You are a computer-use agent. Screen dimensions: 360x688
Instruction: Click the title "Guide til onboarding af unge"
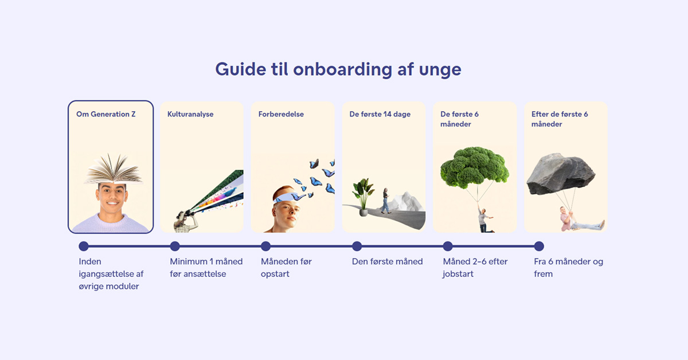click(x=338, y=69)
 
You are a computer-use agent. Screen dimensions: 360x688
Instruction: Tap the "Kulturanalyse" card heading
click(x=190, y=114)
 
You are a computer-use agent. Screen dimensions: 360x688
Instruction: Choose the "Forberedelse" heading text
click(x=281, y=114)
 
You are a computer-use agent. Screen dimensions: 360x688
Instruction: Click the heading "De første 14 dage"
click(x=380, y=114)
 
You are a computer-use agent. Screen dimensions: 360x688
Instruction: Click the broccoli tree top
click(x=474, y=166)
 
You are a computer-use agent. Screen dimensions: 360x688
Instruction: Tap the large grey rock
click(x=560, y=174)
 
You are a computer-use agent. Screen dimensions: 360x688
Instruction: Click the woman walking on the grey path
click(x=386, y=201)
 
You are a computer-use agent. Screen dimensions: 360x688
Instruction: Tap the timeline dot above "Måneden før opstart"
click(x=265, y=246)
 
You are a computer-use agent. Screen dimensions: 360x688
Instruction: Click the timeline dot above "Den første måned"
click(x=357, y=246)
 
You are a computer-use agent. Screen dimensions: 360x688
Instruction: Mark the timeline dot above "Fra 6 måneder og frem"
click(x=539, y=246)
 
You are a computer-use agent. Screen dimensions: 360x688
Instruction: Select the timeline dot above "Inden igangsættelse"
click(x=84, y=246)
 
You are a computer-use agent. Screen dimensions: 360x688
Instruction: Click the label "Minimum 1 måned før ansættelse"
click(x=206, y=268)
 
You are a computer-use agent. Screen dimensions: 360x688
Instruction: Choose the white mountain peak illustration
click(x=408, y=202)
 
